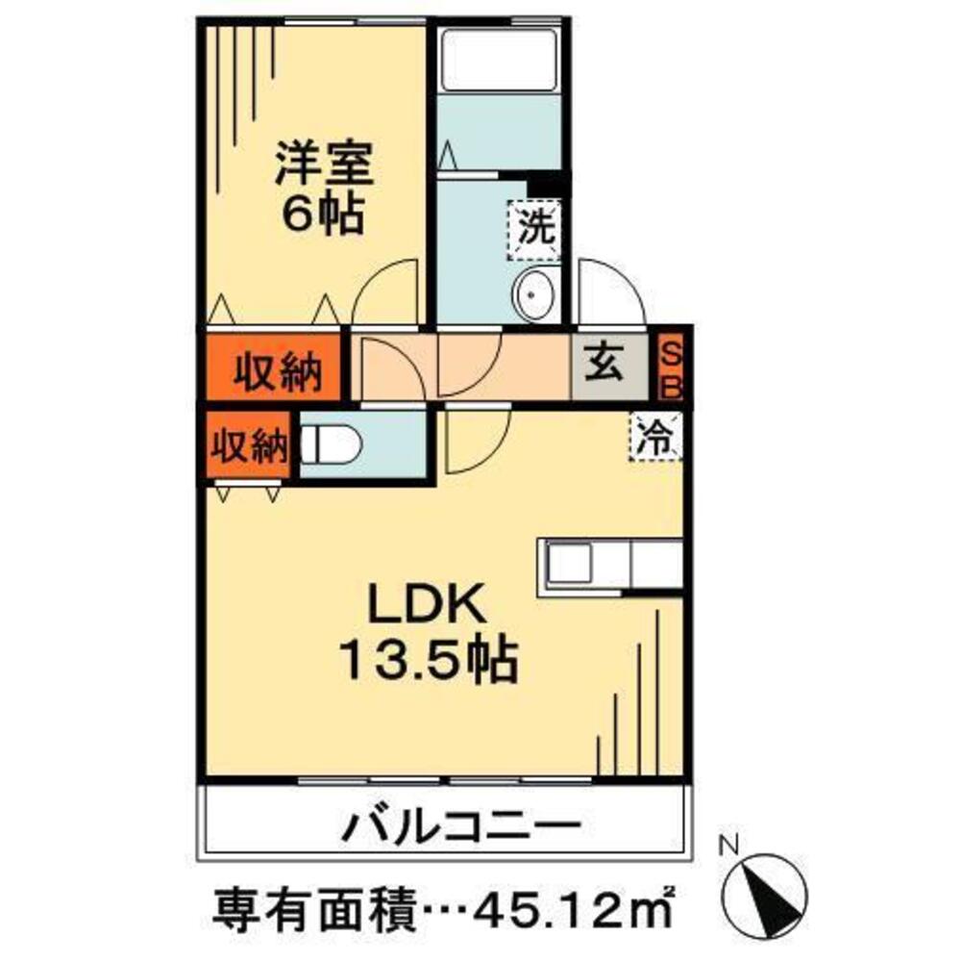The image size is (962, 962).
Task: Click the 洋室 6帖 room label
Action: pyautogui.click(x=321, y=189)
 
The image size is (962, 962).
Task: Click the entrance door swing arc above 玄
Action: pyautogui.click(x=610, y=293)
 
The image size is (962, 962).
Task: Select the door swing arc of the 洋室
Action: pyautogui.click(x=384, y=293)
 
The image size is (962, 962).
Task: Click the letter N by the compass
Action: pyautogui.click(x=728, y=847)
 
